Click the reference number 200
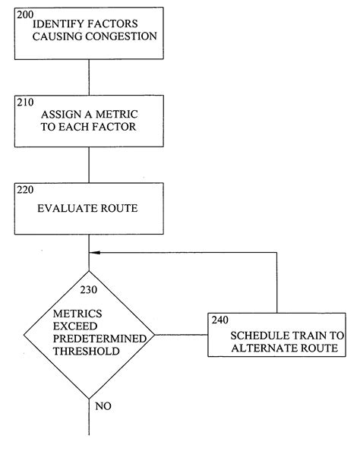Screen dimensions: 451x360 tap(25, 14)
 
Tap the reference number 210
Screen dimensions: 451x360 tap(25, 102)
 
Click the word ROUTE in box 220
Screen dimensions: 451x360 tap(120, 207)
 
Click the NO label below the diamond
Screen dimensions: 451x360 tap(103, 406)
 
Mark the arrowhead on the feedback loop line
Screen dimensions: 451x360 tap(93, 254)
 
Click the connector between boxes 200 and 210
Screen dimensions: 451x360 tap(89, 77)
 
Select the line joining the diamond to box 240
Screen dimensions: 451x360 tap(181, 334)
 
